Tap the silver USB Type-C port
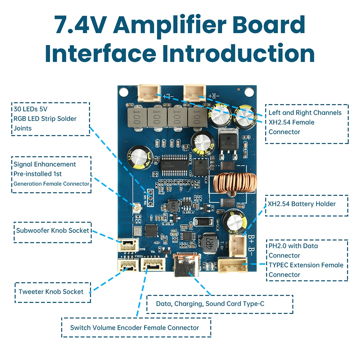coord(187,266)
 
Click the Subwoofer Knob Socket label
coord(53,230)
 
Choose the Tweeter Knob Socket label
coord(51,292)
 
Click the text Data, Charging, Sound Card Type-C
coord(210,304)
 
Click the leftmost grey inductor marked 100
coord(136,117)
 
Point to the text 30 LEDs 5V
coord(31,109)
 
